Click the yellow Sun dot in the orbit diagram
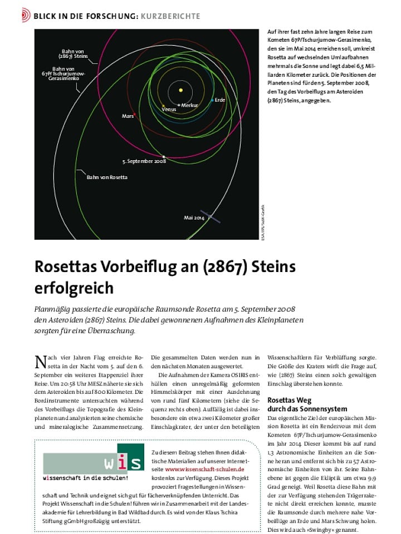click(181, 90)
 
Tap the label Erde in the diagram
click(220, 100)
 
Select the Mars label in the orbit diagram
click(127, 116)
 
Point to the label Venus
click(169, 110)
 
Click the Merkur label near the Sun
click(190, 105)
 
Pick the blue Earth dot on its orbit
click(212, 100)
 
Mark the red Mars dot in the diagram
click(135, 113)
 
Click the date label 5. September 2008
click(144, 161)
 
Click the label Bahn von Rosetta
click(107, 177)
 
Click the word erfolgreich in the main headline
click(74, 288)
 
